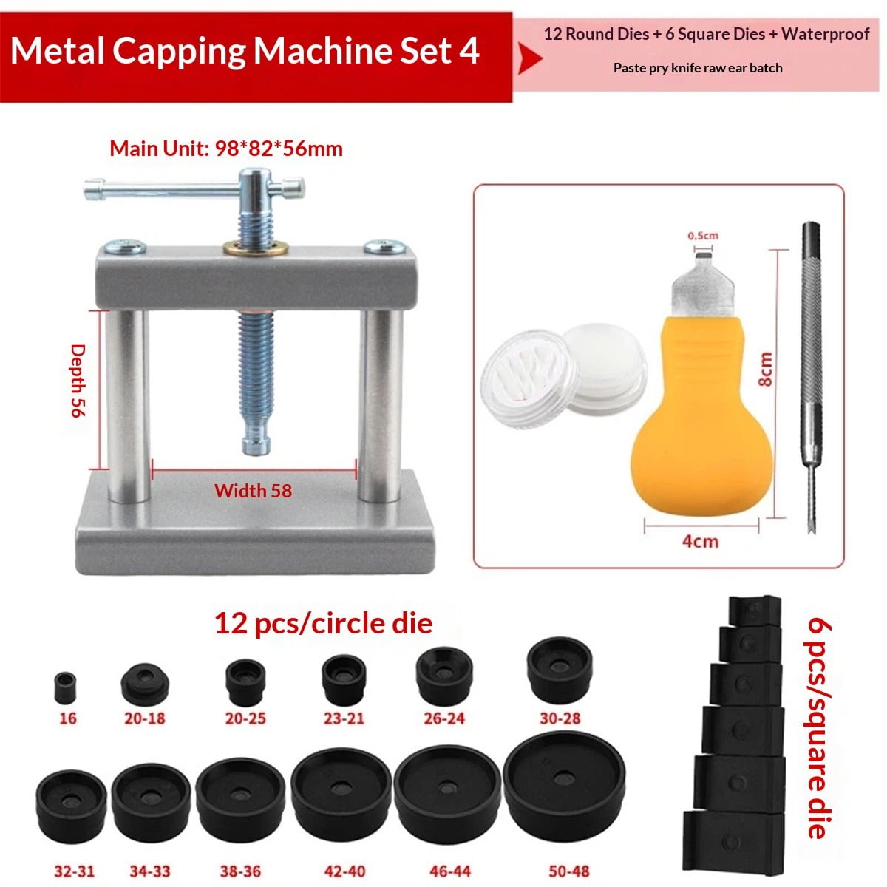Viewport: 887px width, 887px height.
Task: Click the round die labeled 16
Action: [x=65, y=687]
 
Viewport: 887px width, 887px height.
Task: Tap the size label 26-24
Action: [x=444, y=718]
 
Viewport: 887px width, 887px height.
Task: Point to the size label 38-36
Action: [x=240, y=871]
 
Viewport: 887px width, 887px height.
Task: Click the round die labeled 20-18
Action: [x=145, y=684]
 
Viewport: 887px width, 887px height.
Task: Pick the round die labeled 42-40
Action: [x=341, y=787]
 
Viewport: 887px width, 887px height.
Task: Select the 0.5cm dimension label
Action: [x=703, y=236]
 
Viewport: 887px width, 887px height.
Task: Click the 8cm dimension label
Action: [x=765, y=369]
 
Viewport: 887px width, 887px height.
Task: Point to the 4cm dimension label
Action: [x=700, y=542]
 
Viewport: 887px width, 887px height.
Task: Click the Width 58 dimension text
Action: [x=254, y=491]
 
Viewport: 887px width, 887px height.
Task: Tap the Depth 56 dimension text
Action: [x=78, y=381]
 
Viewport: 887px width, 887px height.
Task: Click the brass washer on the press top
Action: [x=256, y=248]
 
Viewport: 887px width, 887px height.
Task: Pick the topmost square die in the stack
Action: [x=755, y=611]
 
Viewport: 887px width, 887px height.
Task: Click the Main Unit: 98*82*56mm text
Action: [x=226, y=149]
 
